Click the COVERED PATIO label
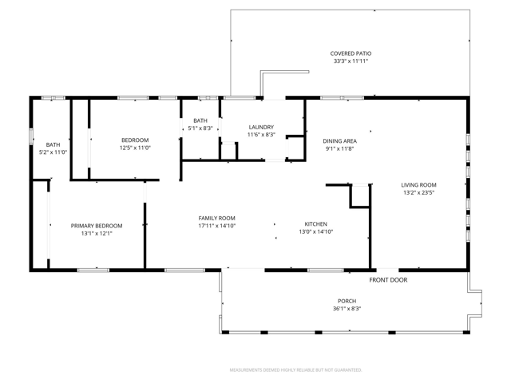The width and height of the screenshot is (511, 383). pos(351,53)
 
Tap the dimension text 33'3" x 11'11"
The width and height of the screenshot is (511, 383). pos(351,61)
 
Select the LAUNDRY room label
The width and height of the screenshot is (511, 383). pos(261,127)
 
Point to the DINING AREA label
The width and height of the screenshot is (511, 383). pos(339,141)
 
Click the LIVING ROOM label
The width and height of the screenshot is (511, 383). pos(418,185)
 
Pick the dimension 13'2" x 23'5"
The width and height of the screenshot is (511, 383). pos(418,192)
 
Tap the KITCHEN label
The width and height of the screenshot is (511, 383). pos(316,224)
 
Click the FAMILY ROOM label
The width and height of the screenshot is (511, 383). pos(216,218)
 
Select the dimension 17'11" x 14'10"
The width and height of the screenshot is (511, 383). pos(216,226)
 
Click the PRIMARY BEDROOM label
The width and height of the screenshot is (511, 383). pos(97,226)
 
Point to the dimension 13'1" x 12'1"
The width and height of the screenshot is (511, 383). pos(97,233)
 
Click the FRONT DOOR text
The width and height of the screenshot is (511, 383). pos(388,280)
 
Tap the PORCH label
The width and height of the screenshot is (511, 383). pos(347,301)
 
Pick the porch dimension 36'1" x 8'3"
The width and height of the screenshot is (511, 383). pos(347,309)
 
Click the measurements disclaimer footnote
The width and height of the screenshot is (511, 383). pos(296,370)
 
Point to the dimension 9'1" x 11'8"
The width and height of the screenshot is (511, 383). pos(339,149)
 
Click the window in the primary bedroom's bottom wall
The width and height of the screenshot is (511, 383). pos(93,270)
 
